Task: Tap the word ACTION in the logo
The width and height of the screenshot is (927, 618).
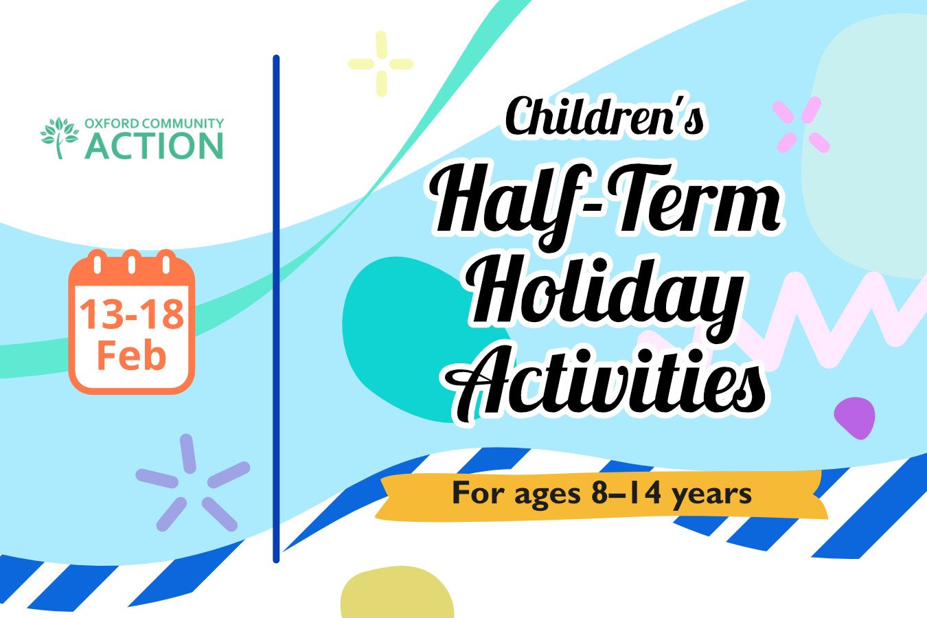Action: [154, 146]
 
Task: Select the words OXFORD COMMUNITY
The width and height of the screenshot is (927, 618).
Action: [154, 124]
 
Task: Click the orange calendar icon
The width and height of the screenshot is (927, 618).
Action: [132, 321]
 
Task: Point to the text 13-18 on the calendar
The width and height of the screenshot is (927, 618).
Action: [132, 314]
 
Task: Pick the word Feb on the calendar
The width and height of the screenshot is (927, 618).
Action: [132, 355]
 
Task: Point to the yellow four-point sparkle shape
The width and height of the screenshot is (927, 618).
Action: [380, 64]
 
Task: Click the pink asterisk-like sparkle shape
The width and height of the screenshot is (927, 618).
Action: [801, 124]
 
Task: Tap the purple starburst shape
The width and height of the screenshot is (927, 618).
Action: [193, 483]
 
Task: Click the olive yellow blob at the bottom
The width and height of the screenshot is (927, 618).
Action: [398, 593]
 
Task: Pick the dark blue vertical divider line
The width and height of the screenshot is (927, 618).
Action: [277, 309]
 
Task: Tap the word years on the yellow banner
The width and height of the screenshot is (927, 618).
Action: [711, 495]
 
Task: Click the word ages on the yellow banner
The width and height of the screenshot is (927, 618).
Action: [547, 495]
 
